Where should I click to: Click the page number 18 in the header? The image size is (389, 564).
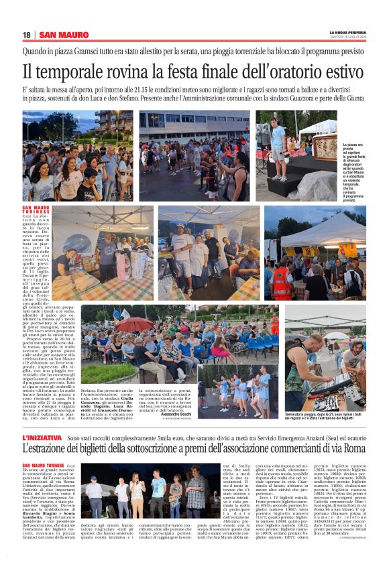[27, 35]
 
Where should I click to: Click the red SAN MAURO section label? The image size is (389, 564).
[64, 35]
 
